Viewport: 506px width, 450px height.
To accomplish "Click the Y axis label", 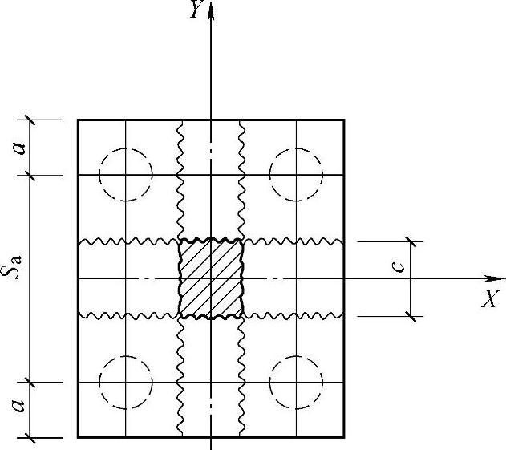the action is click(194, 10).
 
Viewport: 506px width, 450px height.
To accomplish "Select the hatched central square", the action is click(210, 278).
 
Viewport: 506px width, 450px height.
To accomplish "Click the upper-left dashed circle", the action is click(126, 173).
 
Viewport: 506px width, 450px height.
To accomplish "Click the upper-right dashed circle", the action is click(296, 173).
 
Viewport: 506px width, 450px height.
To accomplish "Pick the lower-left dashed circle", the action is click(126, 383).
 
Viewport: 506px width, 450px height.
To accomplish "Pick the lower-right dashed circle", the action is click(296, 383).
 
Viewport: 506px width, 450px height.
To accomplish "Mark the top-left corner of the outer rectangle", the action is click(78, 120).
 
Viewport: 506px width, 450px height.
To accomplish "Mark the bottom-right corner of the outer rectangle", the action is click(344, 437).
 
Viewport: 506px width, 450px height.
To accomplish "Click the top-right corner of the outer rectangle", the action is click(344, 120).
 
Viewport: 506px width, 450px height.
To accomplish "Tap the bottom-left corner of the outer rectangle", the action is click(78, 437).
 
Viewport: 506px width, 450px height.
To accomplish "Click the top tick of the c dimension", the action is click(411, 240).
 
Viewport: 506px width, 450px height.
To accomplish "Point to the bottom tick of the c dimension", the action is click(411, 316).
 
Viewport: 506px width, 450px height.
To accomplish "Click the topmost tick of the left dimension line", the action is click(30, 120).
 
